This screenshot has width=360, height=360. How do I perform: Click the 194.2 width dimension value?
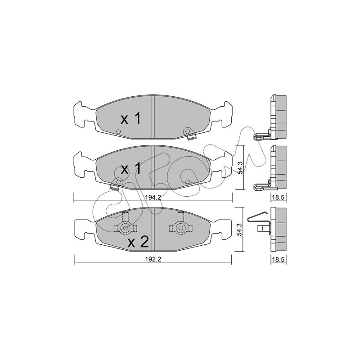(153, 198)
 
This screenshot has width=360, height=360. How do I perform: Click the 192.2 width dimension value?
(153, 259)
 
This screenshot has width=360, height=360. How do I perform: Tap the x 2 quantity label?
(138, 242)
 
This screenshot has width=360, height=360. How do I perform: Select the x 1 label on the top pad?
(130, 119)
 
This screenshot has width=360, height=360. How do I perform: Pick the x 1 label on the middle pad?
(130, 169)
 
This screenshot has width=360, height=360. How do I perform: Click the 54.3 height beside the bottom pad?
(239, 229)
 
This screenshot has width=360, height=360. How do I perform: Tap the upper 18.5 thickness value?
(278, 198)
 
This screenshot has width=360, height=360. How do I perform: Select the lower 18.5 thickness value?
(278, 260)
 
